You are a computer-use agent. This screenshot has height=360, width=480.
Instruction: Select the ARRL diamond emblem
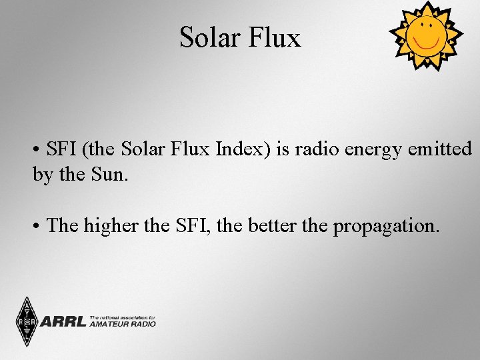27,321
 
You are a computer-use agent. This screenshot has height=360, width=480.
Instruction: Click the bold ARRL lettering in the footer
63,322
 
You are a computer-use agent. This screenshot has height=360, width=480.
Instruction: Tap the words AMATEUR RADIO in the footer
122,324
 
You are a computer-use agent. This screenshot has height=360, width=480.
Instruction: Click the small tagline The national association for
122,318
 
